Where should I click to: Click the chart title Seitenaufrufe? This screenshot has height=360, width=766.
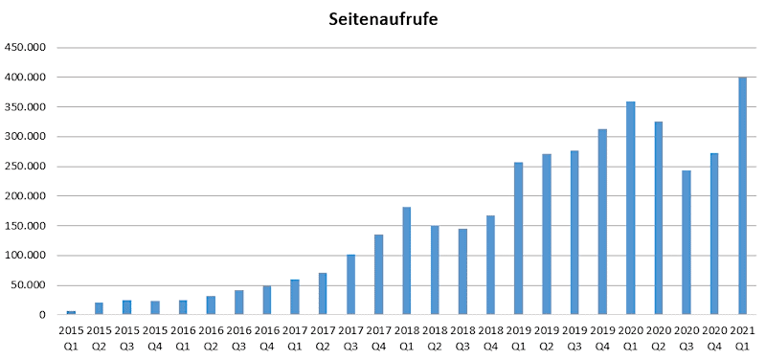pos(383,19)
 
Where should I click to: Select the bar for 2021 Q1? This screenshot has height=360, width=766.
pos(743,196)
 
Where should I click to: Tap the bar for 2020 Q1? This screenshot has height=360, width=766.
pos(631,208)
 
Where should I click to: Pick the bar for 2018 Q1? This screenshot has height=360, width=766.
pos(407,260)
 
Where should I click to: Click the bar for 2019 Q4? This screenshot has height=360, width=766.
pos(603,221)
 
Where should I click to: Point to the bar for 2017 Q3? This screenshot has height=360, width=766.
pos(350,284)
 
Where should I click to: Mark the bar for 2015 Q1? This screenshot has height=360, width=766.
pos(71,312)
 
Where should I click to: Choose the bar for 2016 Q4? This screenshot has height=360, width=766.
pos(267,300)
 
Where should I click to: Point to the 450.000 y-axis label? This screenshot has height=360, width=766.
pos(26,47)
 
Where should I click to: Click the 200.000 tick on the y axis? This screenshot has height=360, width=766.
pos(26,196)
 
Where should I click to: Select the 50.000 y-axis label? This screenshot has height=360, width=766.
pos(29,285)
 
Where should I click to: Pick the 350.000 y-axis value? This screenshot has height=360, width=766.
pos(26,106)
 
